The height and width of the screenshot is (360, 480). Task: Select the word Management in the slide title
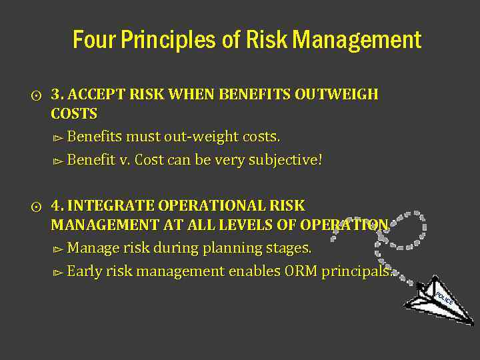357,40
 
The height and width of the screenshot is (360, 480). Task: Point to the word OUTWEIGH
339,95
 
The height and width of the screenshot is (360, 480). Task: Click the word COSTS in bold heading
74,113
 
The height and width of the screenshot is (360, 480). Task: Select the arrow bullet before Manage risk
57,249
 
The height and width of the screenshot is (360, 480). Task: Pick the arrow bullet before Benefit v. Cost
57,161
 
